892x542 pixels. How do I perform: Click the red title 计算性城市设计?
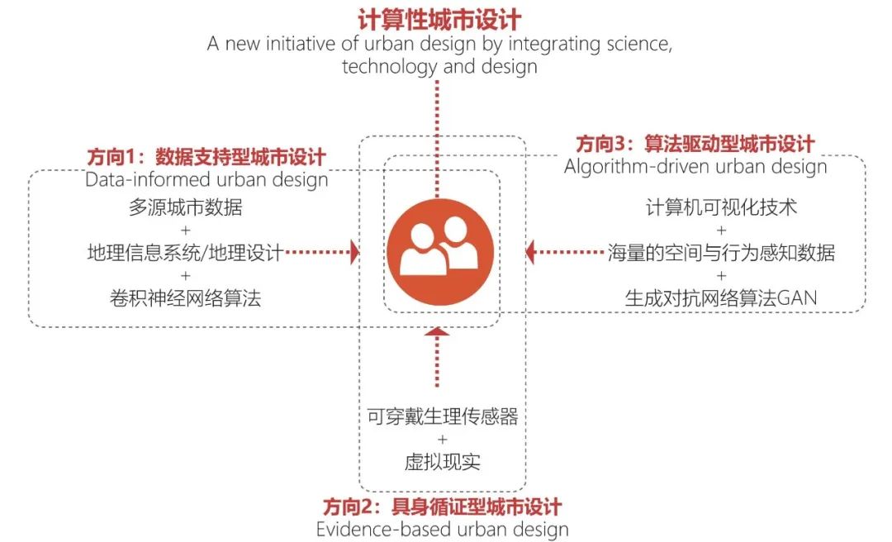[439, 20]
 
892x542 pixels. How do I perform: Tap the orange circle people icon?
[439, 252]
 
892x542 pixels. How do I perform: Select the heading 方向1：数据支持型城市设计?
[206, 156]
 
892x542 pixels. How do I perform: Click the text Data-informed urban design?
[206, 179]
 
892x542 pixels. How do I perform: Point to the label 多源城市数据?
[186, 207]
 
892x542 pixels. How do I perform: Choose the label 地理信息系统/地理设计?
[186, 252]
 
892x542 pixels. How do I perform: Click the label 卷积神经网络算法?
[186, 297]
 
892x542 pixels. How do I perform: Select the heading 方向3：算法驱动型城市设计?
[695, 144]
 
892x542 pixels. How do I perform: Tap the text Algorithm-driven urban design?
[695, 166]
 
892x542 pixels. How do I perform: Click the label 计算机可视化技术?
[721, 207]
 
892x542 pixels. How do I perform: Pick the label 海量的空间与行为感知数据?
[721, 252]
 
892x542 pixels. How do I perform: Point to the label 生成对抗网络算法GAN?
[721, 297]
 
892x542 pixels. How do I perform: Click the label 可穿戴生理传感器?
[442, 416]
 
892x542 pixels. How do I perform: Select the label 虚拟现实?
[442, 462]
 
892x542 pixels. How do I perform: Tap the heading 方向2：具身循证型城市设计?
[442, 506]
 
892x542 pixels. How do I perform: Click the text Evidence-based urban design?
[442, 529]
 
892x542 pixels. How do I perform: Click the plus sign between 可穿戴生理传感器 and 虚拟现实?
[443, 440]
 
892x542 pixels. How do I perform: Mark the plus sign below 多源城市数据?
[186, 230]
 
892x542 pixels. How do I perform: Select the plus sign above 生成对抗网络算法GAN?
[721, 276]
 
